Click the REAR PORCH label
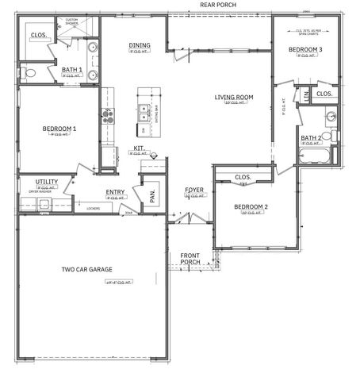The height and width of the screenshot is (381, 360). click(x=218, y=4)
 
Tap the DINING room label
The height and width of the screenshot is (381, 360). click(x=140, y=45)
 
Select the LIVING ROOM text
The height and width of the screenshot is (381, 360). click(x=234, y=98)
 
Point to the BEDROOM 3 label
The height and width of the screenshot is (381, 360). click(x=305, y=50)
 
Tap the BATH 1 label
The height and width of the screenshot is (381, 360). click(x=72, y=70)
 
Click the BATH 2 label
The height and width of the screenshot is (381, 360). click(x=310, y=138)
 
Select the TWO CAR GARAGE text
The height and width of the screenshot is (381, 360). click(x=91, y=269)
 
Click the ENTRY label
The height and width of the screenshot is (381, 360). click(x=115, y=192)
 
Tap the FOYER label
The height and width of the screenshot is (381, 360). click(x=194, y=190)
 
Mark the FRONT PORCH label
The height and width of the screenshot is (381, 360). click(x=190, y=258)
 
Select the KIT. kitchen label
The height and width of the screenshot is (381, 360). click(x=138, y=148)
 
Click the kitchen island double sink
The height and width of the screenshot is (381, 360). click(x=144, y=111)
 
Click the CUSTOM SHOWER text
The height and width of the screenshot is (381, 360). click(x=71, y=21)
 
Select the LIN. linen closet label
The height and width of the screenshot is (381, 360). click(x=307, y=95)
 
